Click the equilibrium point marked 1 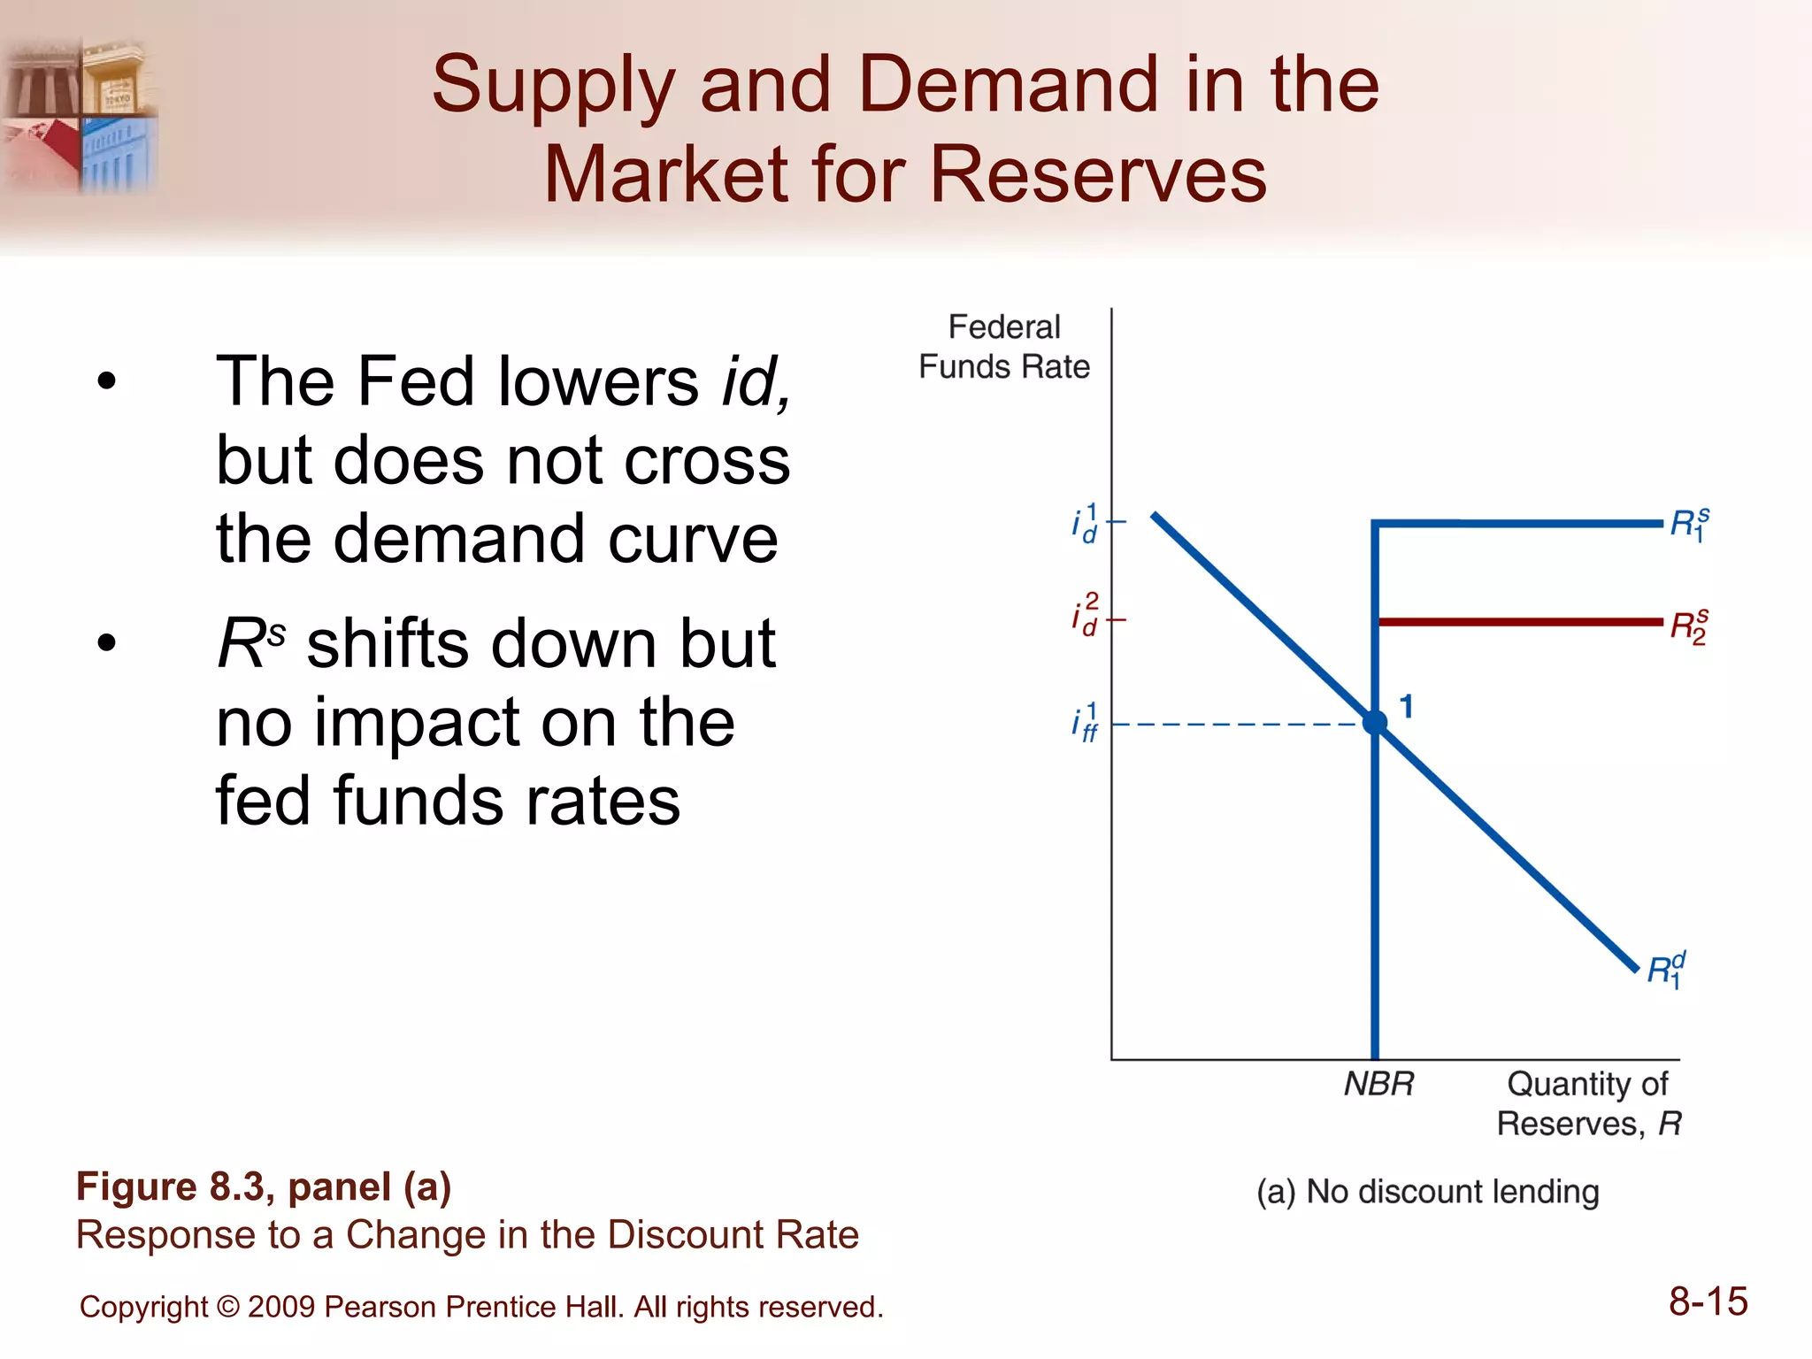pyautogui.click(x=1375, y=723)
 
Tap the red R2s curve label pyautogui.click(x=1688, y=626)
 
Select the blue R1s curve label pyautogui.click(x=1689, y=525)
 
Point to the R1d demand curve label pyautogui.click(x=1666, y=970)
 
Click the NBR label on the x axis pyautogui.click(x=1378, y=1084)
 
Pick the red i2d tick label pyautogui.click(x=1086, y=615)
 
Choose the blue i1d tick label pyautogui.click(x=1086, y=523)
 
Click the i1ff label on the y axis pyautogui.click(x=1086, y=723)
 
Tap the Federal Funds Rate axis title pyautogui.click(x=1004, y=347)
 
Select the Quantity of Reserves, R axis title pyautogui.click(x=1588, y=1103)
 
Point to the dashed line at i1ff pyautogui.click(x=1239, y=725)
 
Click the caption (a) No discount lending pyautogui.click(x=1427, y=1192)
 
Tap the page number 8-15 pyautogui.click(x=1708, y=1301)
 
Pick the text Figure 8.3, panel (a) pyautogui.click(x=264, y=1186)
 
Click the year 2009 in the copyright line pyautogui.click(x=281, y=1307)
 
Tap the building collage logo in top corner pyautogui.click(x=81, y=115)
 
